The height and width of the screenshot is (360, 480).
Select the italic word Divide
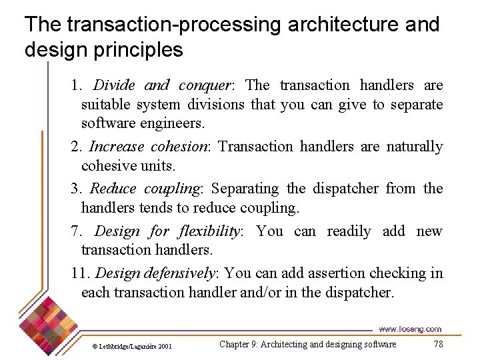pyautogui.click(x=114, y=85)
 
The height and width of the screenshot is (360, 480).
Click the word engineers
pyautogui.click(x=173, y=123)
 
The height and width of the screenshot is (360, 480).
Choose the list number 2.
pyautogui.click(x=76, y=147)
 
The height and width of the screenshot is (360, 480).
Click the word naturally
pyautogui.click(x=415, y=147)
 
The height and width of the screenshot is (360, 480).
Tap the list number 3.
pyautogui.click(x=76, y=189)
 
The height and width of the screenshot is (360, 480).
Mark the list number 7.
pyautogui.click(x=76, y=231)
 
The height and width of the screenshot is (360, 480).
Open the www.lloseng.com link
pyautogui.click(x=409, y=329)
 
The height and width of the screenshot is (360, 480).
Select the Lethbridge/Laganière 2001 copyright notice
pyautogui.click(x=132, y=347)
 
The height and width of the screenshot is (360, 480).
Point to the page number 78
pyautogui.click(x=437, y=344)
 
